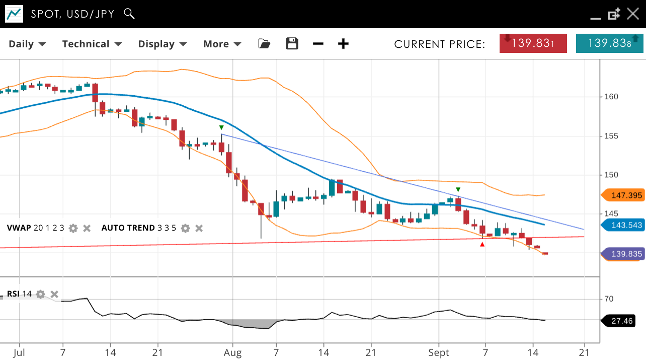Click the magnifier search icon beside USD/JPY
point(129,14)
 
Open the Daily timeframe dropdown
point(27,44)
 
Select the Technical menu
point(92,44)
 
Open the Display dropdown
point(163,44)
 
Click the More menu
point(222,44)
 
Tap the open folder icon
point(264,44)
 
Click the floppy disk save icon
point(292,44)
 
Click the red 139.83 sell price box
point(533,43)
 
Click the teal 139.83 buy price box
point(609,43)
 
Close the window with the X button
point(633,14)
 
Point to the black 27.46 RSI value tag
point(619,320)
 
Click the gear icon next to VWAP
point(73,228)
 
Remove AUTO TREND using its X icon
point(199,228)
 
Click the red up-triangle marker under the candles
point(482,245)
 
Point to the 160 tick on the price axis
point(611,97)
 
